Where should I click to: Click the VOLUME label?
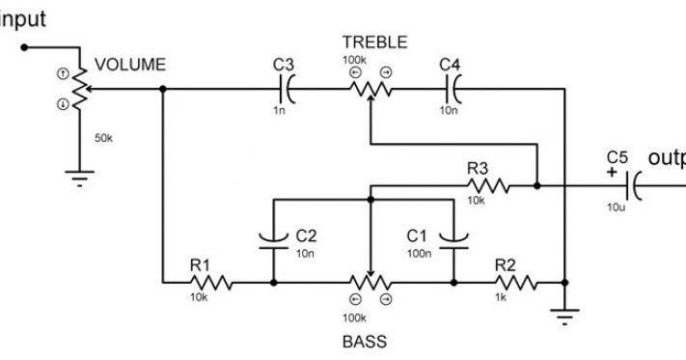pyautogui.click(x=130, y=66)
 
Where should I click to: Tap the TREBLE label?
pyautogui.click(x=373, y=42)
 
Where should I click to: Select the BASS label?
pyautogui.click(x=365, y=342)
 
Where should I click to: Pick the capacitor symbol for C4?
pyautogui.click(x=452, y=90)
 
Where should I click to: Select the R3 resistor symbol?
pyautogui.click(x=487, y=183)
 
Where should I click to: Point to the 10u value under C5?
pyautogui.click(x=616, y=207)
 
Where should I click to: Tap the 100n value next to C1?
pyautogui.click(x=418, y=253)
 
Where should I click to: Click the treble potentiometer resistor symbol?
pyautogui.click(x=370, y=90)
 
